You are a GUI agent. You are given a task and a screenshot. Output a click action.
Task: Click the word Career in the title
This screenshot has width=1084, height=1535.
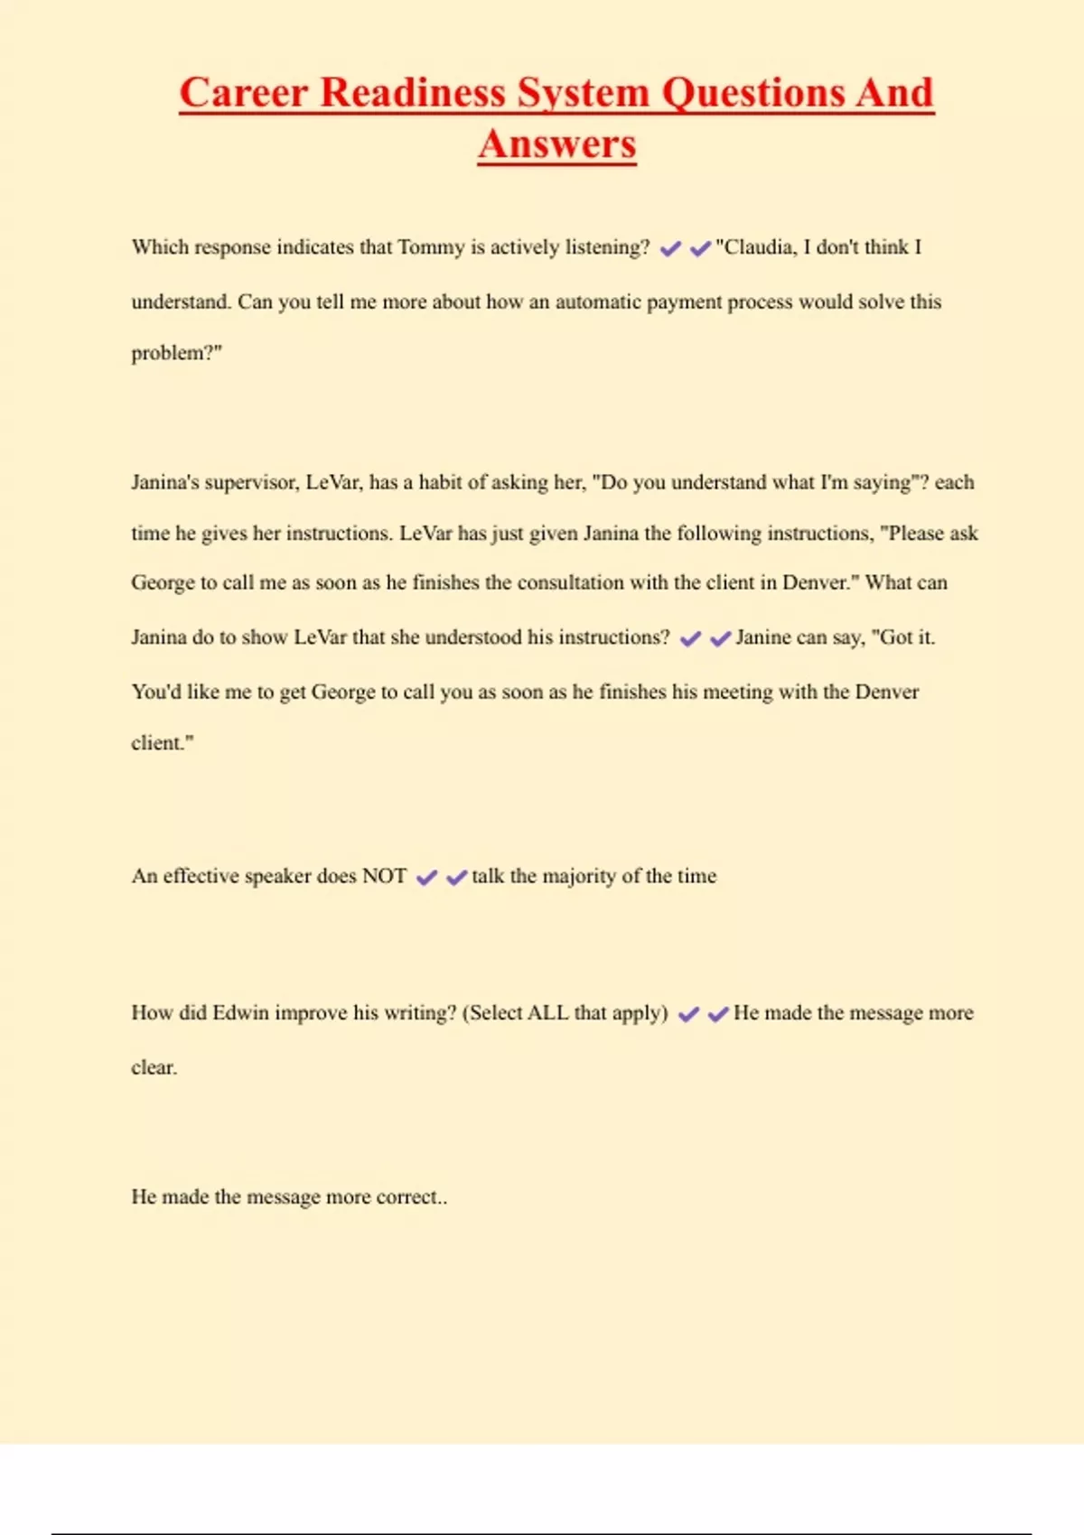242,93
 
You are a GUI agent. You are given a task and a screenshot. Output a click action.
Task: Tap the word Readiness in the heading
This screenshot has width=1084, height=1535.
413,93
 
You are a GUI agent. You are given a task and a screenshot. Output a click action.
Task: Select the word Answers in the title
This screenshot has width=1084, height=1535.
557,144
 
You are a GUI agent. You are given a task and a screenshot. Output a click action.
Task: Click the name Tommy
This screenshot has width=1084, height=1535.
431,247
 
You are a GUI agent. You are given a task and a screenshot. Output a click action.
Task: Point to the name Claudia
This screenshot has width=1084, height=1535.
756,247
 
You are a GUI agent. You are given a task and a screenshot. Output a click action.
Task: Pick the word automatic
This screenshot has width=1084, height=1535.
597,302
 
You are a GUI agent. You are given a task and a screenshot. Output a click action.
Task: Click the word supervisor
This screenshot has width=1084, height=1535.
251,482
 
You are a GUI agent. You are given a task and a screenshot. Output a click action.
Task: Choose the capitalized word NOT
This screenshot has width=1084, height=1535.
384,876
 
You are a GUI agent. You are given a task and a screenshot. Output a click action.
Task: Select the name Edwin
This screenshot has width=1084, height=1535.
240,1013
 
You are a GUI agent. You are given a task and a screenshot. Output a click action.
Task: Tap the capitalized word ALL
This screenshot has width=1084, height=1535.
547,1013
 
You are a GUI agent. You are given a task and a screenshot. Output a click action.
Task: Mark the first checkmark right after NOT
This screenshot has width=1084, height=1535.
426,877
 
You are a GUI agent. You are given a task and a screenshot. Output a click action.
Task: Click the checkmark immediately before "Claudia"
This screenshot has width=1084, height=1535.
700,248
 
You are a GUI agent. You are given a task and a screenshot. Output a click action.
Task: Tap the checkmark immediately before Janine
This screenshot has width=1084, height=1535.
720,638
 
